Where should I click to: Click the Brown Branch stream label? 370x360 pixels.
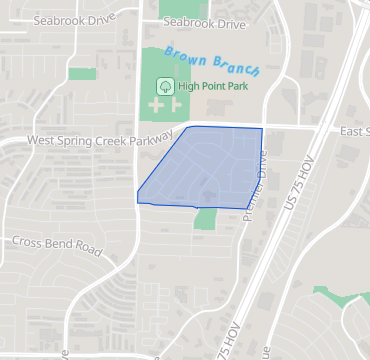212,61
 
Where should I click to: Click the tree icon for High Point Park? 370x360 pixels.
166,86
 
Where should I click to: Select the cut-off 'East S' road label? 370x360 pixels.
354,132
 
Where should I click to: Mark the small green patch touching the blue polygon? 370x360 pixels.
205,217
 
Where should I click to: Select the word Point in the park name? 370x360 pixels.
216,86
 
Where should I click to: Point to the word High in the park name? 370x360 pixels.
189,86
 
